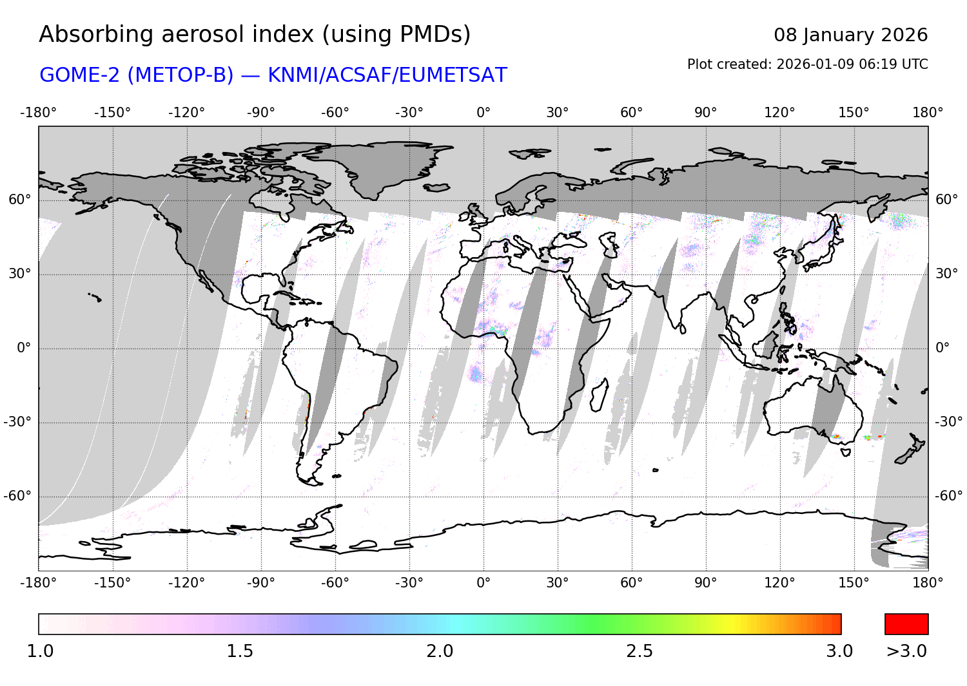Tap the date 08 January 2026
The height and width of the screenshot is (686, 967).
(x=850, y=35)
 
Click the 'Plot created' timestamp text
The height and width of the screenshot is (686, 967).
(x=807, y=64)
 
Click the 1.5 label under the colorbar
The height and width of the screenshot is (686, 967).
(x=240, y=651)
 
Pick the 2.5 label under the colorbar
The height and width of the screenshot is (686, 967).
(x=640, y=651)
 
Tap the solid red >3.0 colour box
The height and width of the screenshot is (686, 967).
(x=906, y=624)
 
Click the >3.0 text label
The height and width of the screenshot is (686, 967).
(x=906, y=651)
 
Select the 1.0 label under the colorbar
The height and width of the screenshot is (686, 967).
(x=40, y=651)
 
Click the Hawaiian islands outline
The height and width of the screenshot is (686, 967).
(x=95, y=297)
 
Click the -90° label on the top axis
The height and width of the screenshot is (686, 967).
(x=261, y=113)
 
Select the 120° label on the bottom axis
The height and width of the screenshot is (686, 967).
(x=780, y=583)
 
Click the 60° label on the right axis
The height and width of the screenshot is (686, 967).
(x=946, y=200)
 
